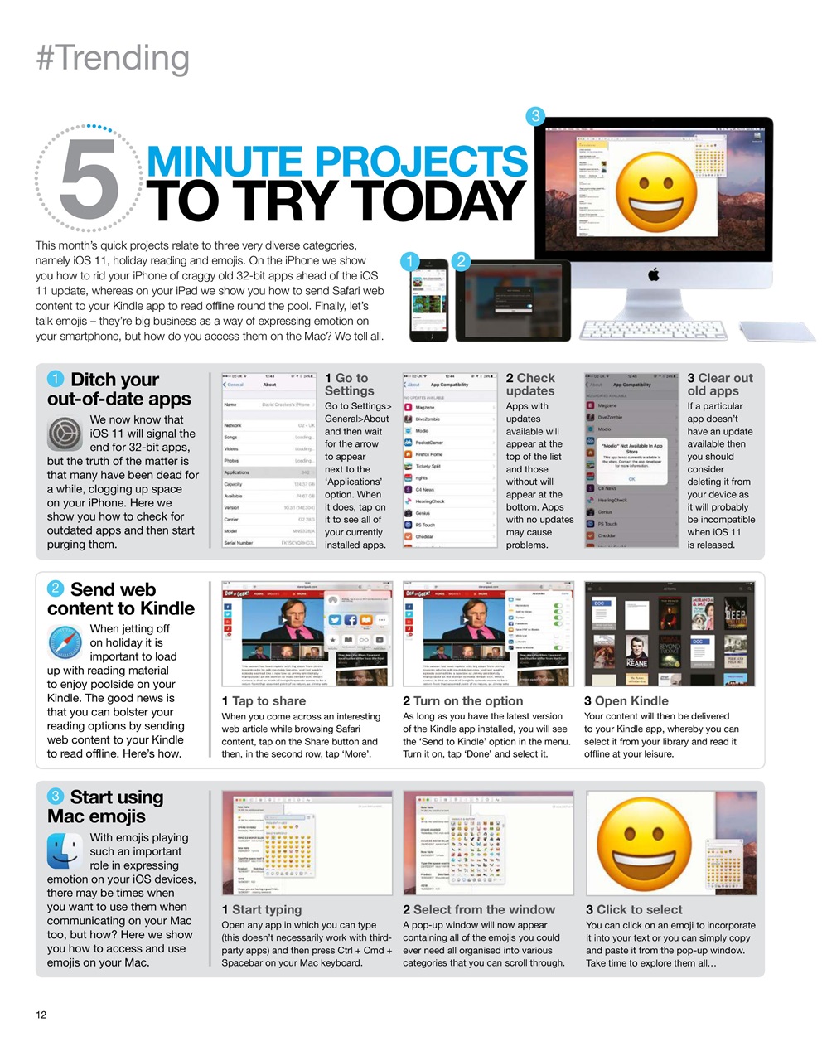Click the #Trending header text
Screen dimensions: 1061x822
(113, 59)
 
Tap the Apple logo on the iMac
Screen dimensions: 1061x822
(654, 274)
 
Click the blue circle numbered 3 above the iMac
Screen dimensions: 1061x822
(535, 116)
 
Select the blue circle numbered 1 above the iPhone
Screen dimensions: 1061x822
(409, 262)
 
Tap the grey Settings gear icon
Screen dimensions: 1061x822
(65, 434)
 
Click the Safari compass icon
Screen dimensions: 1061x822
(65, 642)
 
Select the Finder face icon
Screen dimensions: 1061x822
(65, 851)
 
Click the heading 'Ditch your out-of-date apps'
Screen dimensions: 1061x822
(118, 389)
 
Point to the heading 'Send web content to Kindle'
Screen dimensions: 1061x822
(120, 598)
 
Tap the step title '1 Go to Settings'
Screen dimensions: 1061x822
(349, 384)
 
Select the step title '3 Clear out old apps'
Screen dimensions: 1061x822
(719, 384)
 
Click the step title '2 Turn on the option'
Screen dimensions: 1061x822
(462, 700)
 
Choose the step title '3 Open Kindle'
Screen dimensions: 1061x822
(626, 700)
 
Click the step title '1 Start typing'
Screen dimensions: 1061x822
(261, 909)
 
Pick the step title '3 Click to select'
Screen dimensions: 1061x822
(634, 909)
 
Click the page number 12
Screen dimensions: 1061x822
(41, 1015)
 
